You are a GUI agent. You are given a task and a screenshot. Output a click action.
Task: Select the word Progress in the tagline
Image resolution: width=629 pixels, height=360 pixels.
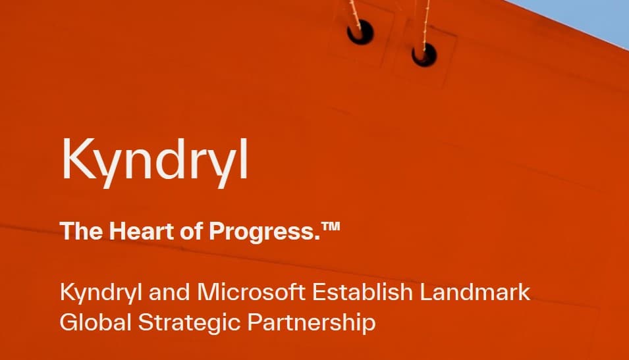(264, 232)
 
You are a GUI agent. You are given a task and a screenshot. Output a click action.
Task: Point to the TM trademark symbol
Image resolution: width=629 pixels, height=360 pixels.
(331, 226)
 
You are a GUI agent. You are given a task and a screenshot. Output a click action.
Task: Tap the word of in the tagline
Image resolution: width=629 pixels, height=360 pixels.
(192, 231)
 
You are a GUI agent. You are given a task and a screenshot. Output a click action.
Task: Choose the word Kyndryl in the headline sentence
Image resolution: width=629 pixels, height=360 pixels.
(101, 294)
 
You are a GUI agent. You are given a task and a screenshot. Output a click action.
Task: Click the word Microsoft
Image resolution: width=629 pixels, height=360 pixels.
(251, 292)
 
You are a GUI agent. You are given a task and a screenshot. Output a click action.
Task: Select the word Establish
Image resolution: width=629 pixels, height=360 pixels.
(362, 292)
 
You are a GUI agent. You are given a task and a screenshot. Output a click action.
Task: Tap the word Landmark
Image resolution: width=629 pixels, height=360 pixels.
(475, 292)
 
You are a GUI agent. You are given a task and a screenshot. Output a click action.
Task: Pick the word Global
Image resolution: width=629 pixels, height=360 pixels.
(96, 322)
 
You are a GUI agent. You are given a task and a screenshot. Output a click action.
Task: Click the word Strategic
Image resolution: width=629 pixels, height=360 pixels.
(188, 323)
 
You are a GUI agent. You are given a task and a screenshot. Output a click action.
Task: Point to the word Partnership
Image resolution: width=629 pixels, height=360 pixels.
(312, 323)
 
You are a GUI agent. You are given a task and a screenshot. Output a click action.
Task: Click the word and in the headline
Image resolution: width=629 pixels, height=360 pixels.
(169, 292)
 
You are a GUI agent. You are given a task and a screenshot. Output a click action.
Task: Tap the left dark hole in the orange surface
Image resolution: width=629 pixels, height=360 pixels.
(360, 32)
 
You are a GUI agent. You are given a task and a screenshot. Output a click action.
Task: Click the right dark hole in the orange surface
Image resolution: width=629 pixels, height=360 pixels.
(424, 55)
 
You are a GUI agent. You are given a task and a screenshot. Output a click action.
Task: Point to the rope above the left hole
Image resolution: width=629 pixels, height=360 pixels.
(354, 13)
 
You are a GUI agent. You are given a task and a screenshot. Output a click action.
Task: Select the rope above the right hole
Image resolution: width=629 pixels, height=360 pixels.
(425, 23)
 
